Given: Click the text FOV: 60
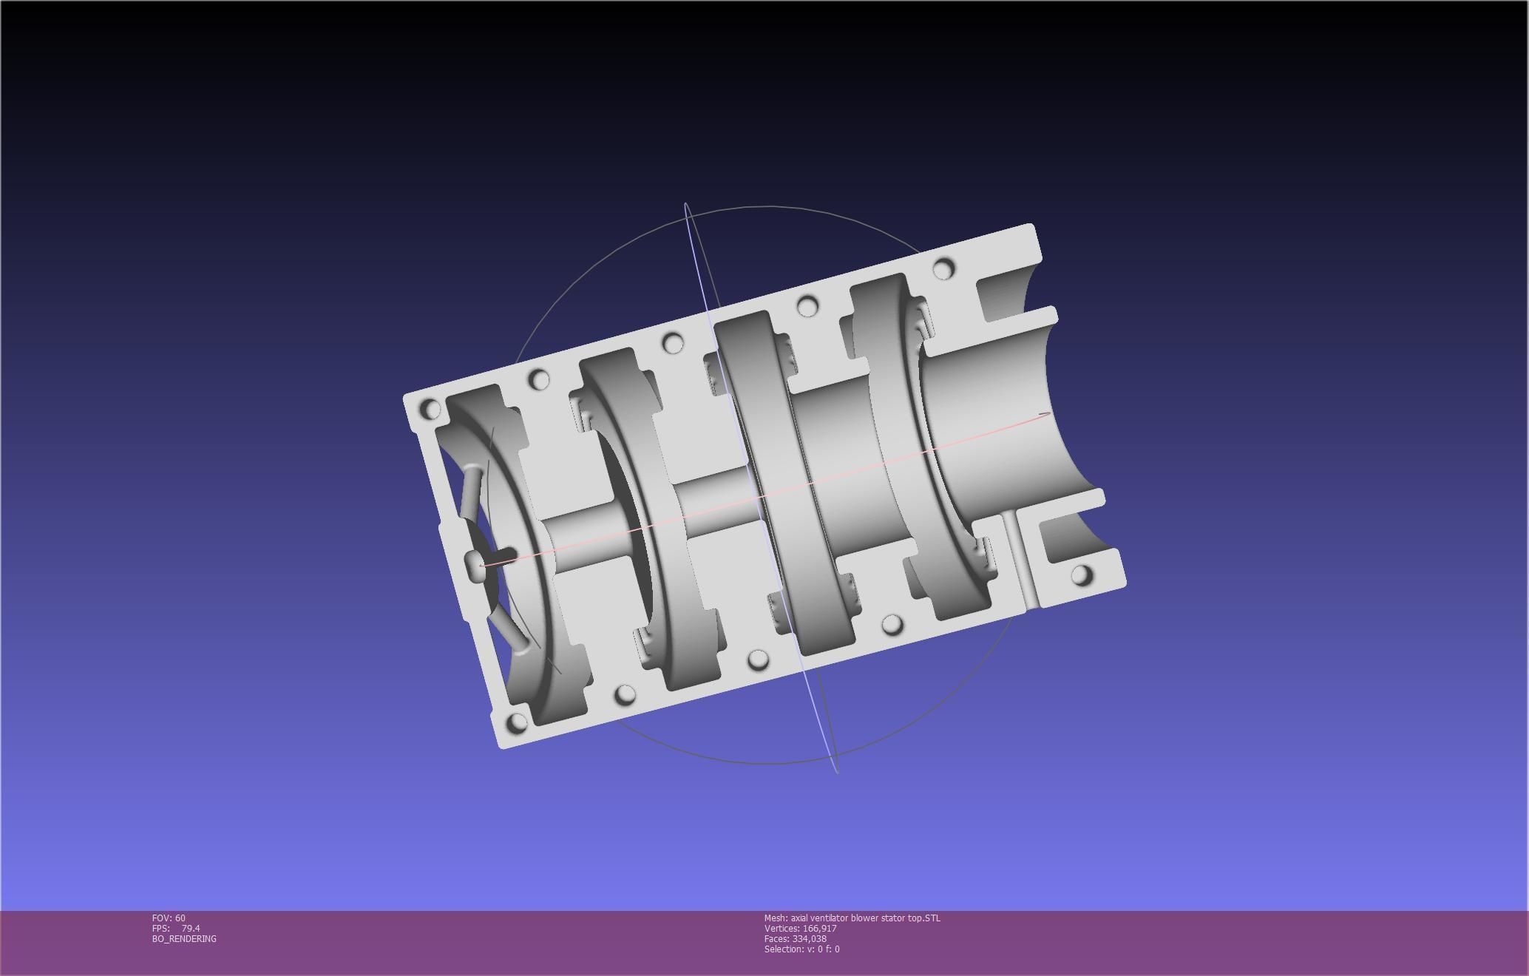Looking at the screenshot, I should pyautogui.click(x=169, y=918).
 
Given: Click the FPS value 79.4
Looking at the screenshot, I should pyautogui.click(x=190, y=928).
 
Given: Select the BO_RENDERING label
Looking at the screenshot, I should pyautogui.click(x=184, y=938).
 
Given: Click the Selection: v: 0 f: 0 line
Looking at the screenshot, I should pyautogui.click(x=801, y=949).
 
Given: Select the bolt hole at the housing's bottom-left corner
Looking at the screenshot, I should pyautogui.click(x=518, y=722).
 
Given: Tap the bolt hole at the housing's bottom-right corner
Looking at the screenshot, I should pyautogui.click(x=1081, y=575).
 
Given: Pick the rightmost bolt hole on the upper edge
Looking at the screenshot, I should pyautogui.click(x=943, y=268).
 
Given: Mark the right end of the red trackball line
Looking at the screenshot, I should pyautogui.click(x=1048, y=414).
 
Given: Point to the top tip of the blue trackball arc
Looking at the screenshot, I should pyautogui.click(x=686, y=204).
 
